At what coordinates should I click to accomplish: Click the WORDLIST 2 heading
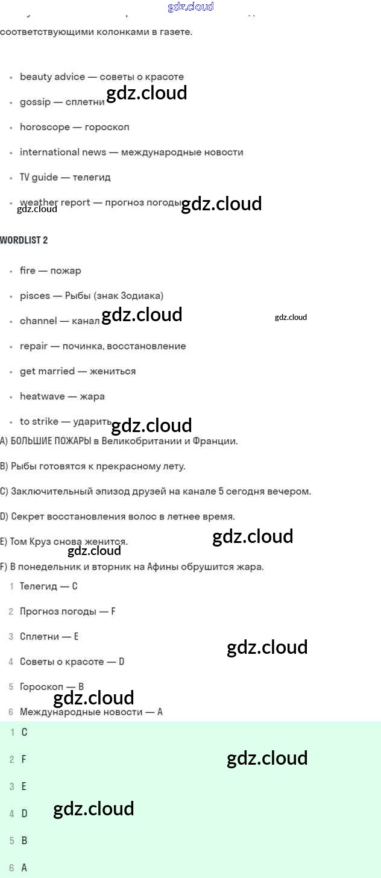coord(24,240)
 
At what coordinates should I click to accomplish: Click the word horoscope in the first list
coord(45,127)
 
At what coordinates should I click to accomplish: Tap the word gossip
coord(35,102)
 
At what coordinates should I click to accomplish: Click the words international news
coord(63,152)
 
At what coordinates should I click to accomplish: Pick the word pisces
coord(35,296)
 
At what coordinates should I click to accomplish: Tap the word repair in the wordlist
coord(33,346)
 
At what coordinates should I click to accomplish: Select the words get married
coord(47,371)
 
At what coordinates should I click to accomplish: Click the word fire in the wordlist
coord(28,271)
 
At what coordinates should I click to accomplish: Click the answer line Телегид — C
coord(48,586)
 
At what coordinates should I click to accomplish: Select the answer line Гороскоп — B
coord(51,686)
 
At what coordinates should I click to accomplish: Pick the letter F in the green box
coord(24,759)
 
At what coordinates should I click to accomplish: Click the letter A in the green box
coord(24,868)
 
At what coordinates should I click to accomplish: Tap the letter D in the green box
coord(24,814)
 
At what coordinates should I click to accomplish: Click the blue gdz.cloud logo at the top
coord(190,7)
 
